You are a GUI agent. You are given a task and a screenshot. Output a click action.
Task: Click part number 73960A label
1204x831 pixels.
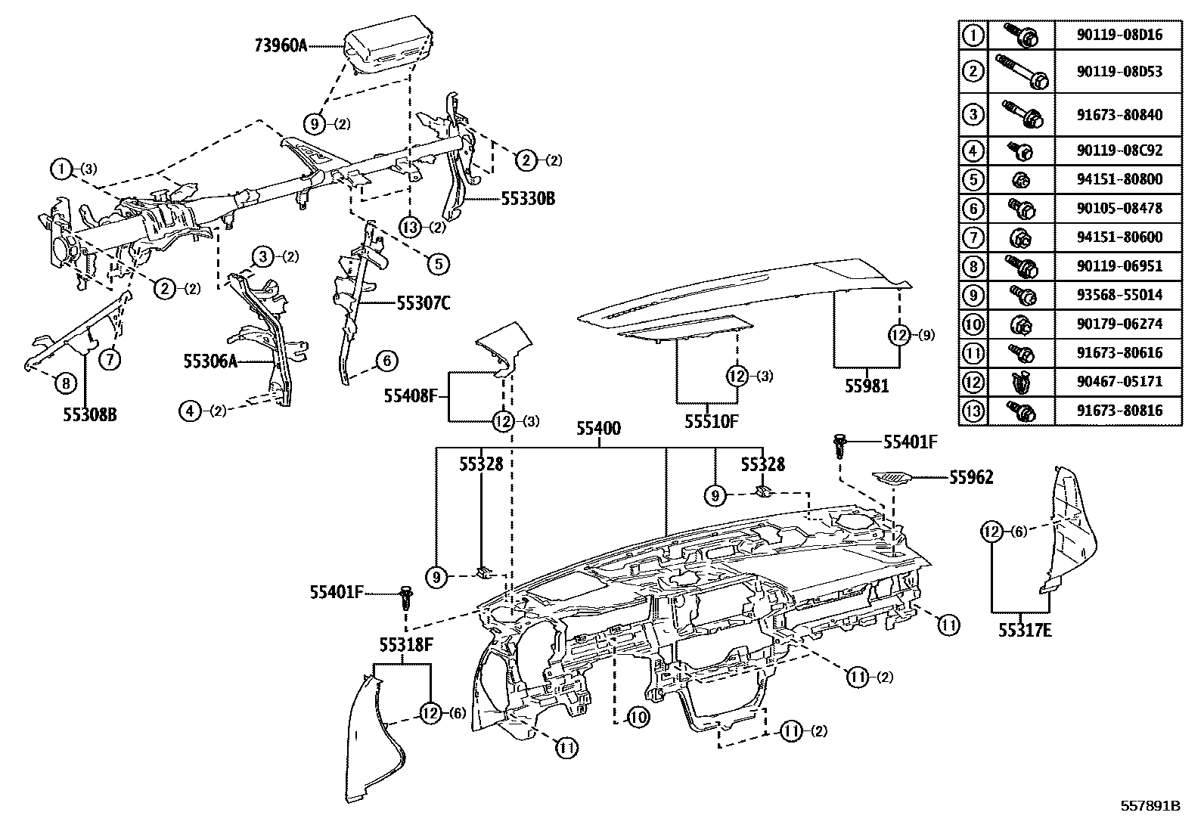[x=280, y=45]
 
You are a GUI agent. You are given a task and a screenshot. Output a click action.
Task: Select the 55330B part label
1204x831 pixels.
[x=528, y=199]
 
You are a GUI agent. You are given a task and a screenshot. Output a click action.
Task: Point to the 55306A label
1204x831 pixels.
[x=210, y=362]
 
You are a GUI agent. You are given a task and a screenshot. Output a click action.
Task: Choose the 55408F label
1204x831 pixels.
[x=411, y=395]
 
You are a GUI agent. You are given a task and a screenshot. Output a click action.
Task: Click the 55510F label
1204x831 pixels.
[x=711, y=422]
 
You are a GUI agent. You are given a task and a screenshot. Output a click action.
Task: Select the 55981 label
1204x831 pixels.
[x=867, y=386]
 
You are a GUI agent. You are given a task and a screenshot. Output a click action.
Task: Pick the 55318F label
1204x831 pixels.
[x=406, y=644]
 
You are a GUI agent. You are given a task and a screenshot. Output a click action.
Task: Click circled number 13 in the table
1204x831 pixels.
[x=973, y=411]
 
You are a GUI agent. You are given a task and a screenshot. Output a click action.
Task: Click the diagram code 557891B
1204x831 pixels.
[x=1150, y=806]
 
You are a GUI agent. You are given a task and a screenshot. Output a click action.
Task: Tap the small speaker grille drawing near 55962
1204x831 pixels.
[x=892, y=478]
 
